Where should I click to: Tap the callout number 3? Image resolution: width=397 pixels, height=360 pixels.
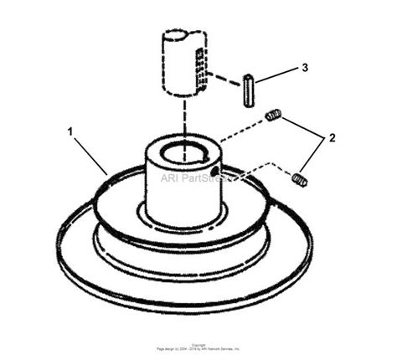[x=304, y=68]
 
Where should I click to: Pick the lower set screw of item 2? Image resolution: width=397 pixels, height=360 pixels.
[x=299, y=178]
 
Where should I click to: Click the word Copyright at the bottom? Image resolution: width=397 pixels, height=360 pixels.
[x=198, y=344]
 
